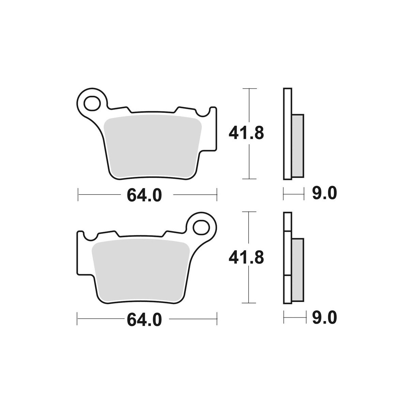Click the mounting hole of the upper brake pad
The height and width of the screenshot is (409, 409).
pos(92,103)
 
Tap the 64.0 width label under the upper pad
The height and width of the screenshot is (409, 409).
pos(144,195)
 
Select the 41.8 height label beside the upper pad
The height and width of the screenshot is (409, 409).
pos(246,133)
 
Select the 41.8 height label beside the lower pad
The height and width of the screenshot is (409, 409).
pos(246,258)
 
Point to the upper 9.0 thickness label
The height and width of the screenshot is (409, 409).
pos(324,193)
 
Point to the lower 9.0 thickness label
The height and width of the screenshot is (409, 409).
pos(324,318)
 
